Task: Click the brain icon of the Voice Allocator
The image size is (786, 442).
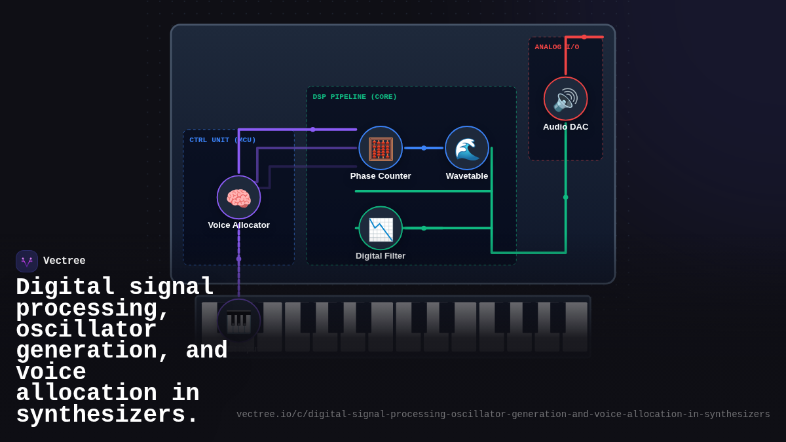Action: tap(238, 198)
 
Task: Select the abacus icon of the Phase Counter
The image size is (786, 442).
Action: tap(381, 149)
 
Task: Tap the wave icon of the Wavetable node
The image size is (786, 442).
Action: tap(467, 149)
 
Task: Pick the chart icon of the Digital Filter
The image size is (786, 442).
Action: tap(381, 229)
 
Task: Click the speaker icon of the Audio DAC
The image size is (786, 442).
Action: tap(565, 100)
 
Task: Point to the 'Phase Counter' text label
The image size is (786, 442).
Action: tap(381, 176)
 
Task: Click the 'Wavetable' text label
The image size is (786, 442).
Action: tap(467, 176)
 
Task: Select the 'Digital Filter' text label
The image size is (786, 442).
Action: tap(381, 256)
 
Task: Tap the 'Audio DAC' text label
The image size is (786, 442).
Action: tap(565, 127)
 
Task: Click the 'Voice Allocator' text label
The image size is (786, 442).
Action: tap(238, 225)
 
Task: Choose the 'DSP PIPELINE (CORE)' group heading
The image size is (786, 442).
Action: tap(354, 97)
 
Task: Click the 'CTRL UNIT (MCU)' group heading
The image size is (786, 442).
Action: tap(223, 140)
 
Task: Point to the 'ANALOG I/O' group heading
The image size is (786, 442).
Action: tap(557, 47)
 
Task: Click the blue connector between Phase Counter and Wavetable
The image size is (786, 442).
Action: tap(424, 148)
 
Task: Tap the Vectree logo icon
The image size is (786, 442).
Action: tap(27, 261)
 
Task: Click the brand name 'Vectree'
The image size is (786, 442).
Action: tap(64, 261)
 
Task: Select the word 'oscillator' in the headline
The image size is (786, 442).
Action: tap(86, 329)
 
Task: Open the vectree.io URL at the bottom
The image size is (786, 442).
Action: tap(503, 414)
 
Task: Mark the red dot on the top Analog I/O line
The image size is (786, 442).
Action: tap(584, 37)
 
